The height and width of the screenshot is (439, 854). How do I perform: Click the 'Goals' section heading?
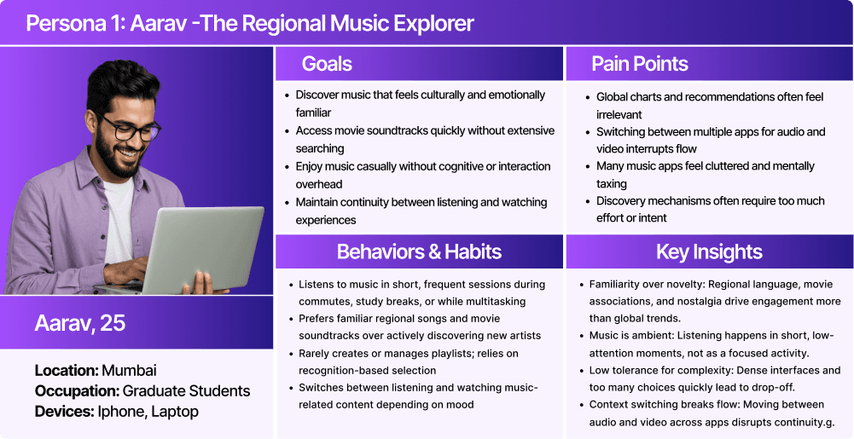(x=327, y=64)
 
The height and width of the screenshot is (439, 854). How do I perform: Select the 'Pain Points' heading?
(x=640, y=64)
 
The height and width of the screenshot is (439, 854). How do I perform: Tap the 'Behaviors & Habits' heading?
(x=419, y=251)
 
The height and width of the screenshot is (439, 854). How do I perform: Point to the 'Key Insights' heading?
(x=709, y=251)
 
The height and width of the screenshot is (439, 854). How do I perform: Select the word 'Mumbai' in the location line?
(x=129, y=371)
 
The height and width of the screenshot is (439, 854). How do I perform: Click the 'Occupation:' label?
(x=77, y=391)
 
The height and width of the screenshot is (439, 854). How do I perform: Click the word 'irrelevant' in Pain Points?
(x=619, y=114)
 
